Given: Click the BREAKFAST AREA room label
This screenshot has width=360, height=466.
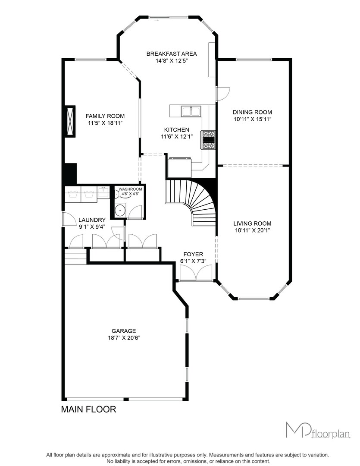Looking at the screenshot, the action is [172, 54].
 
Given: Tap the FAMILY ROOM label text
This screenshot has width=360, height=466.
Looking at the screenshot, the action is [105, 116].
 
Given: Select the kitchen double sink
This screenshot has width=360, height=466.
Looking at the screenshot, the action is [191, 111].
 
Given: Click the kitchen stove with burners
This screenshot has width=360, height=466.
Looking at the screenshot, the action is [209, 139].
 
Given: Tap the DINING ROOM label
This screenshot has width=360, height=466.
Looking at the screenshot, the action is [252, 112].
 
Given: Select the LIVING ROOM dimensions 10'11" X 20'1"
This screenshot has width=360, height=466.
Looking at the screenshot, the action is [252, 230].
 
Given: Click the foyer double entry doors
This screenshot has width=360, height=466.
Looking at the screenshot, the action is [196, 273].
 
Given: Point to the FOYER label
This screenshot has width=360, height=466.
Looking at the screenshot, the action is [194, 255].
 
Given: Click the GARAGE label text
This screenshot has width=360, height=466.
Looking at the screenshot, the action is [124, 331].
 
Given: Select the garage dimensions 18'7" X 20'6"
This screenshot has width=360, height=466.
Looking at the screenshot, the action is [124, 338].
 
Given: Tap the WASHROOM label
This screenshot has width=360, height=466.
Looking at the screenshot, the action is [130, 189].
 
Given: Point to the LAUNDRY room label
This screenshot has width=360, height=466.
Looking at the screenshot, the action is [92, 220].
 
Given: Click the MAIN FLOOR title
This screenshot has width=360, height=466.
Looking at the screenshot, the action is [88, 409].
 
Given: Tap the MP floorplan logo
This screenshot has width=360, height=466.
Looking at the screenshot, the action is [318, 430].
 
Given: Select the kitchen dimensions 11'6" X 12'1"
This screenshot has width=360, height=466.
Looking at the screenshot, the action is [177, 137].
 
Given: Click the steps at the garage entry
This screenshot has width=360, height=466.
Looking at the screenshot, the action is [75, 256].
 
